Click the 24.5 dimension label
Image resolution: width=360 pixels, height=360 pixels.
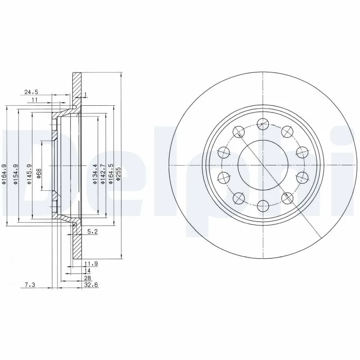click(x=31, y=92)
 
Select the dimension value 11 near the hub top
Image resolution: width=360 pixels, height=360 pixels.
click(x=34, y=100)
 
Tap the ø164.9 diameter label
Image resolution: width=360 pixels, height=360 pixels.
click(x=4, y=175)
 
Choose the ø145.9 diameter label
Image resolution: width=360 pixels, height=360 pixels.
click(x=29, y=175)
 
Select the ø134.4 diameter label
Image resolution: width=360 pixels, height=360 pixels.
click(x=95, y=175)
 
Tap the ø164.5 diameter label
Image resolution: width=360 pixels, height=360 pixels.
click(x=111, y=175)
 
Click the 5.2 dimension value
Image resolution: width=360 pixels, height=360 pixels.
click(x=92, y=232)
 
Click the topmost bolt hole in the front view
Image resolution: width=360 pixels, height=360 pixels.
click(x=262, y=123)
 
